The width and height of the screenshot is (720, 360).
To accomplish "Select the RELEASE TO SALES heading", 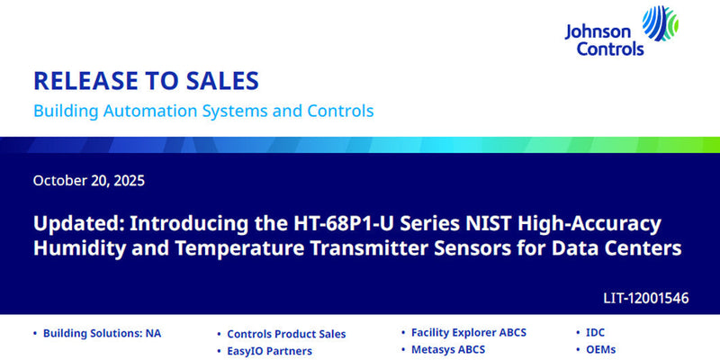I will [146, 81].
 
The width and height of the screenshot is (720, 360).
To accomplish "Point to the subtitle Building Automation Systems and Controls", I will [203, 112].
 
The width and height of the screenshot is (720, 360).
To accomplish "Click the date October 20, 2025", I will [88, 180].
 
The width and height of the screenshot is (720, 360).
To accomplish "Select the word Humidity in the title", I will [76, 247].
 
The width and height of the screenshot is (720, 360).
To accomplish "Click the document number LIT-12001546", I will [645, 297].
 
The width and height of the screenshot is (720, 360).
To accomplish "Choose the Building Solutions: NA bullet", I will [108, 333].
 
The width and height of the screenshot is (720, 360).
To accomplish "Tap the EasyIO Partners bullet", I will [269, 351].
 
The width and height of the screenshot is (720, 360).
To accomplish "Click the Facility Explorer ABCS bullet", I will [468, 332].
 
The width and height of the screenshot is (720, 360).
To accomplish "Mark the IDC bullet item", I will [595, 332].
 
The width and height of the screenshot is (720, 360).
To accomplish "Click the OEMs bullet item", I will [600, 349].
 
